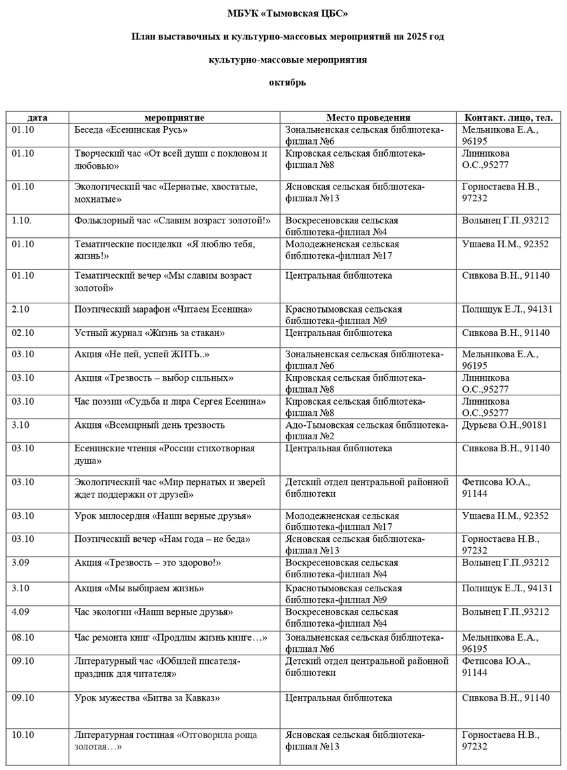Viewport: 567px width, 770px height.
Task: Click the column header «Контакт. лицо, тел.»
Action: (508, 117)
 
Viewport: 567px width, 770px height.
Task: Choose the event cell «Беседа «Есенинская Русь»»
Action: (131, 130)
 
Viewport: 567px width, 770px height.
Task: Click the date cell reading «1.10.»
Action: (25, 221)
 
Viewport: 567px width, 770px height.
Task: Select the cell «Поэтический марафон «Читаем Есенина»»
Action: (163, 309)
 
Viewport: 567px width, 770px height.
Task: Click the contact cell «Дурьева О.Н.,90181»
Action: (504, 425)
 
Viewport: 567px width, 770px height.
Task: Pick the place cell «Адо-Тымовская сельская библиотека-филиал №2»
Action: (366, 430)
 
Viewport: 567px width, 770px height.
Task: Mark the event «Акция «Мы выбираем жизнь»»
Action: (139, 588)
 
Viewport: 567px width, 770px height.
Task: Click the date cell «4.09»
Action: (23, 611)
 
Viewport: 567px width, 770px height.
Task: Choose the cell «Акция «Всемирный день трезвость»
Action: (149, 425)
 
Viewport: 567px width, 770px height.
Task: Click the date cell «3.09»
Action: (23, 563)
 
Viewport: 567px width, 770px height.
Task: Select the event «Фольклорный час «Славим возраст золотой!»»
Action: (172, 221)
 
